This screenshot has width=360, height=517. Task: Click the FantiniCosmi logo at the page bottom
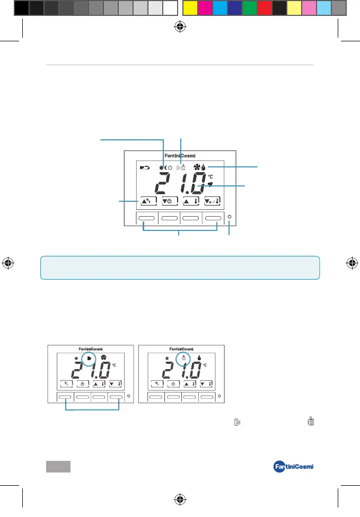pyautogui.click(x=293, y=467)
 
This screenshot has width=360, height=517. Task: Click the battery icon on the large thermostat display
pyautogui.click(x=145, y=167)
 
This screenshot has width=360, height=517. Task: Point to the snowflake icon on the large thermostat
pyautogui.click(x=197, y=167)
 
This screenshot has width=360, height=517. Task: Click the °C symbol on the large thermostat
pyautogui.click(x=210, y=177)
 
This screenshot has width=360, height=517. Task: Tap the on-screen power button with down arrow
pyautogui.click(x=170, y=201)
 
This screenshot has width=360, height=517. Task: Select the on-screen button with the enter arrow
pyautogui.click(x=212, y=201)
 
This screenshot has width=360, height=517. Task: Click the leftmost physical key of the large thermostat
pyautogui.click(x=146, y=218)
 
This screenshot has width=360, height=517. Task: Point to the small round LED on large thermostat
pyautogui.click(x=230, y=217)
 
